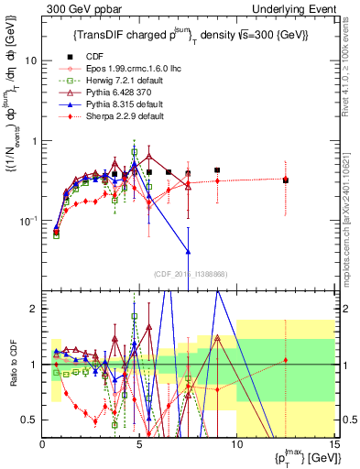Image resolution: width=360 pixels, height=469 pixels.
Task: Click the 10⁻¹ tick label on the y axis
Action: (x=29, y=221)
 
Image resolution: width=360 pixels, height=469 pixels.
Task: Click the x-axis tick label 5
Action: (x=139, y=443)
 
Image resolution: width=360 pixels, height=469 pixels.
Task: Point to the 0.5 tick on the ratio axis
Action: (x=30, y=420)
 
